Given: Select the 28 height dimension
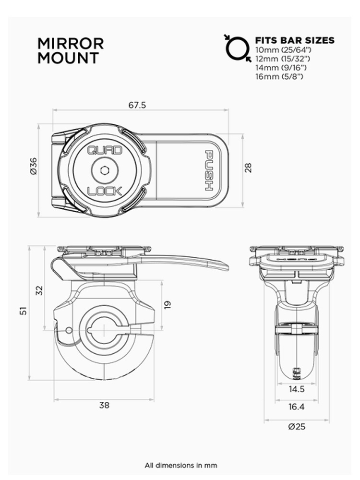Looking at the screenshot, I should [x=248, y=167].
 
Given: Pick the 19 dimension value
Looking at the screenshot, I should [x=168, y=304].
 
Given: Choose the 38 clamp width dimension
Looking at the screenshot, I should [x=104, y=405].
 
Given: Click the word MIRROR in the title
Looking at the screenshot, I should [x=70, y=44].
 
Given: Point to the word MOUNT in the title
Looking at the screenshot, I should [x=68, y=58].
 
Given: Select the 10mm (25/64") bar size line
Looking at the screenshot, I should [x=281, y=49].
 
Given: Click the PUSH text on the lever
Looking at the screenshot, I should [x=210, y=170].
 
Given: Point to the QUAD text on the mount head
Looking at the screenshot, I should [x=105, y=150].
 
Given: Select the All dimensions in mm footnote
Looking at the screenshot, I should [x=180, y=465].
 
